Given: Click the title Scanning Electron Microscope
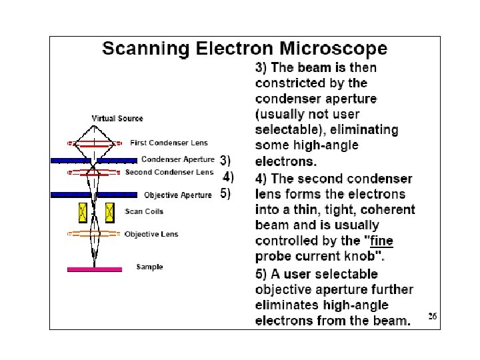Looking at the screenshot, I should (x=244, y=49).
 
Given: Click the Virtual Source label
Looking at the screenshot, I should (x=117, y=119).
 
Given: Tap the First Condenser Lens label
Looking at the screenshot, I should (x=169, y=143).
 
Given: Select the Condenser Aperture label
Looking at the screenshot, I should (x=178, y=160).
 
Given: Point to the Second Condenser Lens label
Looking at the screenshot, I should (x=169, y=172).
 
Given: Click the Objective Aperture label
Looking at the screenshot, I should (x=178, y=195).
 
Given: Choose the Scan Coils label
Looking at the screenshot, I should (x=144, y=212).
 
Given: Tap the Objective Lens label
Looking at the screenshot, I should (x=151, y=234).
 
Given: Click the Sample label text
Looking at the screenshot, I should (x=149, y=267).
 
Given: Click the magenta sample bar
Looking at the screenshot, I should (x=94, y=269).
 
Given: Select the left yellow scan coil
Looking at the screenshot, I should (x=83, y=212).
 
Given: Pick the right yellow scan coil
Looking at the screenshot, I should (x=109, y=212).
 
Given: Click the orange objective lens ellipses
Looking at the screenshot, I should (x=94, y=234).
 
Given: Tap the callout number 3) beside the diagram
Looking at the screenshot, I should (x=225, y=160).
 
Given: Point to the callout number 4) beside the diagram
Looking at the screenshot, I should (x=228, y=177).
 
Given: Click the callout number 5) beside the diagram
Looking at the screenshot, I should (x=225, y=194).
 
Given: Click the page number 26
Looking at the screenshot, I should (x=433, y=317).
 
